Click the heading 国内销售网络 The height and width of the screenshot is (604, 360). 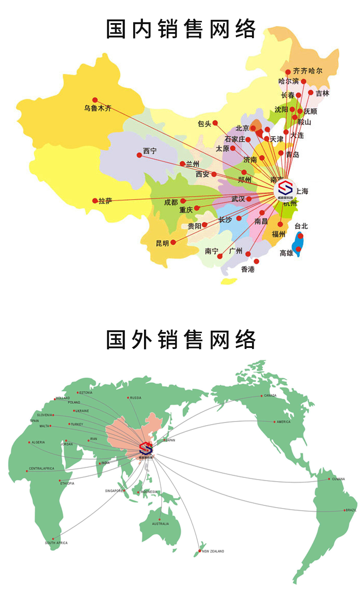point(181,29)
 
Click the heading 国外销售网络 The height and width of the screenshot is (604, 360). point(181,339)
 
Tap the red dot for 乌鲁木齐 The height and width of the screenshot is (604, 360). point(95,100)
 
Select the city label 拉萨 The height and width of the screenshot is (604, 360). point(105,201)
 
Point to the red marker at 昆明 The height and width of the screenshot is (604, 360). point(173,242)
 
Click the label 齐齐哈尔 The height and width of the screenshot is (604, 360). point(307,71)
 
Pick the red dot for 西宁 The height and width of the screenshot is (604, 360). point(139,155)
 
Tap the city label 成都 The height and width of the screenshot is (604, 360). point(171,202)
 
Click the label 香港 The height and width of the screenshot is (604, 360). point(248,269)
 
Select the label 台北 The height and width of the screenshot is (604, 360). point(301,226)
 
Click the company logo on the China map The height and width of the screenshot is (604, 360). point(285,189)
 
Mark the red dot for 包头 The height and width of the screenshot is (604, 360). point(215,123)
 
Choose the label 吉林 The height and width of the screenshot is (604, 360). point(323,93)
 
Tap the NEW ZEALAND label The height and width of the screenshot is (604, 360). point(213,551)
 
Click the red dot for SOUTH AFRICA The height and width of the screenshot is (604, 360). point(53,539)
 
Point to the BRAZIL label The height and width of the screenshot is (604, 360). point(351,510)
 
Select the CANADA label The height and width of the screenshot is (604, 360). point(270,395)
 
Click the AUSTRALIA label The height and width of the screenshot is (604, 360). point(161,524)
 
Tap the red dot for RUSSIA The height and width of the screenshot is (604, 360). point(128,398)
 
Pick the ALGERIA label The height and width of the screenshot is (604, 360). point(38,442)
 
